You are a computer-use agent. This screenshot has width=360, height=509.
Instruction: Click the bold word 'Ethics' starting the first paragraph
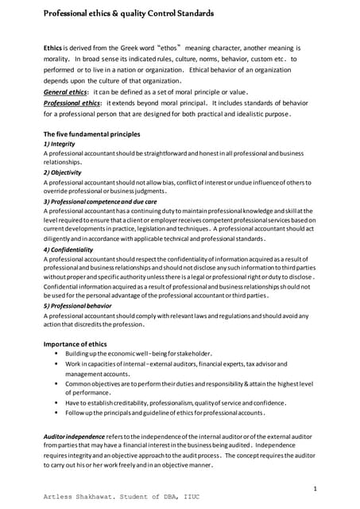pos(53,49)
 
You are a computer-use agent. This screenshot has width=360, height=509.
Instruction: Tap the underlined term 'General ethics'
pos(68,91)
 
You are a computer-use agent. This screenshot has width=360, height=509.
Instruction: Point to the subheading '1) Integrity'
pos(60,143)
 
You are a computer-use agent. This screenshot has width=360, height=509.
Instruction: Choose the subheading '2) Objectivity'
pos(64,172)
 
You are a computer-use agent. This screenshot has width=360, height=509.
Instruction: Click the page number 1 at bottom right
pos(315,487)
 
